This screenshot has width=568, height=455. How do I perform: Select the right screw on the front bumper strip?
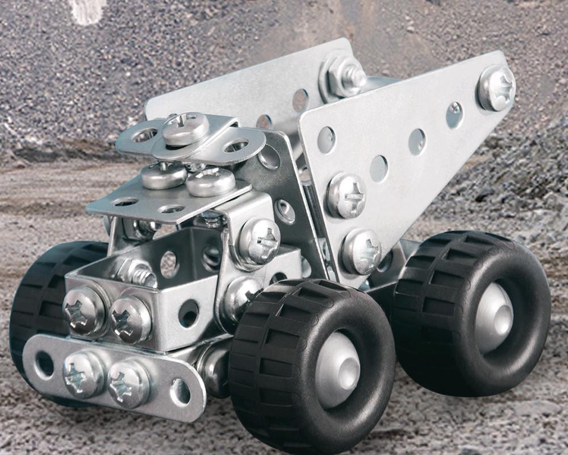[x=129, y=383]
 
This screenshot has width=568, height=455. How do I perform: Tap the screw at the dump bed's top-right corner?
[x=496, y=87]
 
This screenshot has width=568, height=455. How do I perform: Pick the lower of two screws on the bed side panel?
[x=362, y=251]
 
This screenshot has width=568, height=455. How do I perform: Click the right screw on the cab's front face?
[x=130, y=319]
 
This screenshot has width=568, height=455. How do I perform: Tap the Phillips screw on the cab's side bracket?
[x=258, y=241]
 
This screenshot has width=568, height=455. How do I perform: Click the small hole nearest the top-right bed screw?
[x=454, y=114]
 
